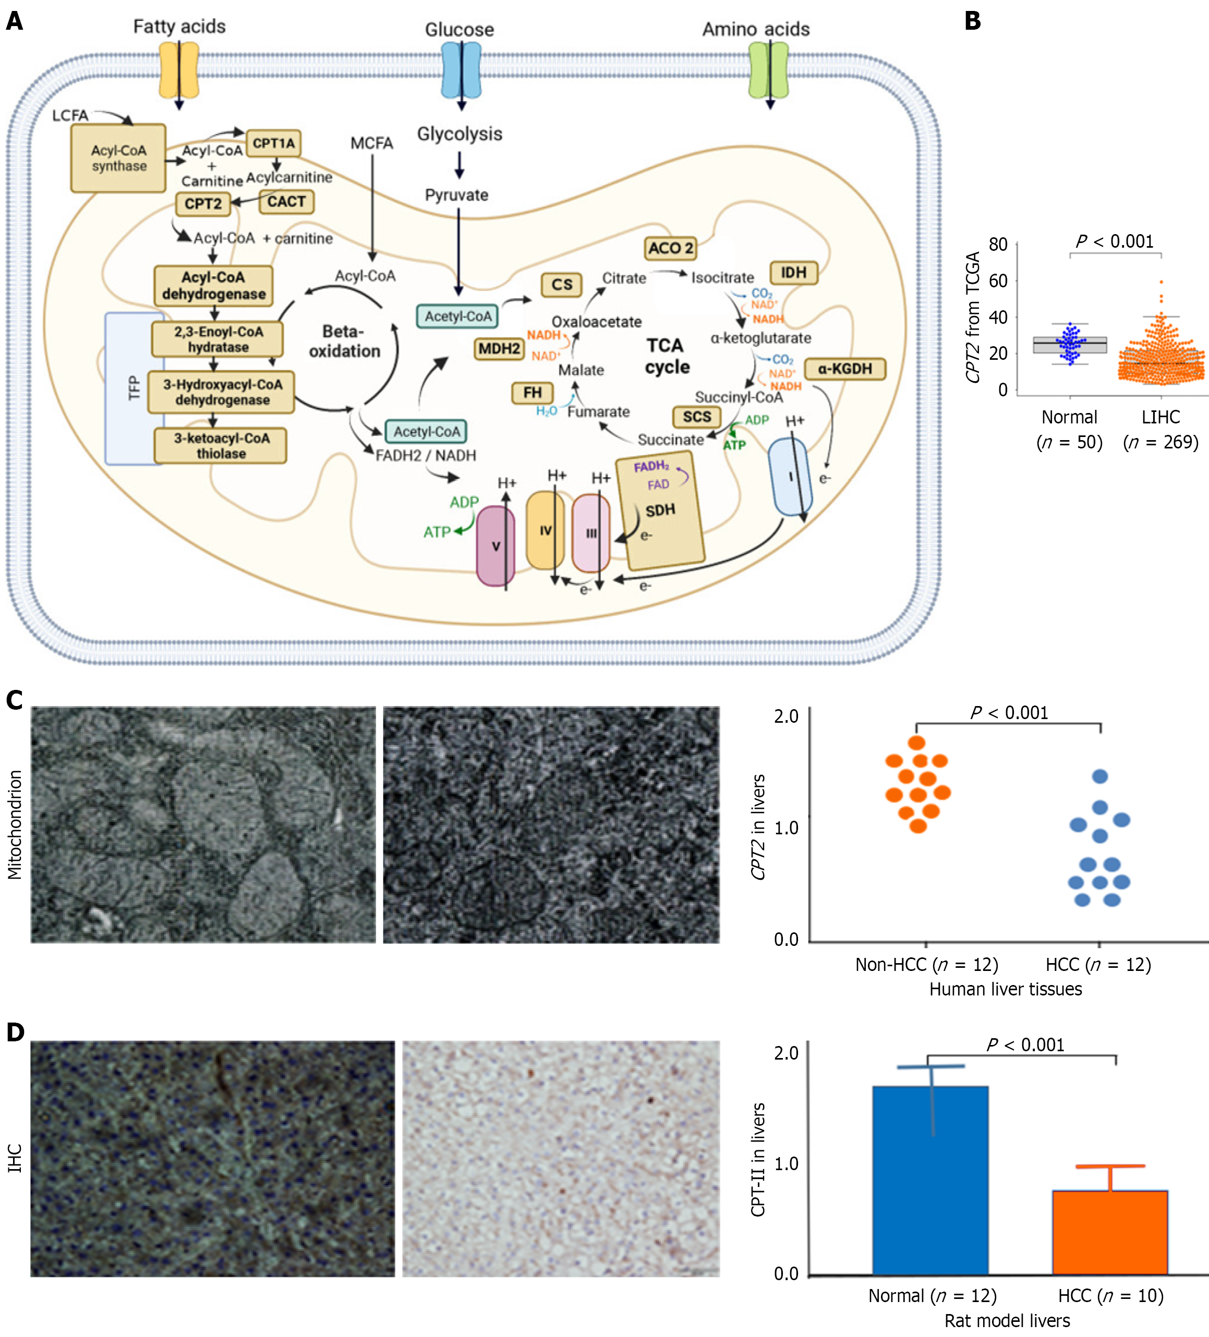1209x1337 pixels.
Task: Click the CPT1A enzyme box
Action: [274, 143]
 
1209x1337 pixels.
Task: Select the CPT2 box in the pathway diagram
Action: [203, 203]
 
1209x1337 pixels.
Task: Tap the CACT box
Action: [286, 202]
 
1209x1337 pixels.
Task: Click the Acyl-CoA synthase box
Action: [119, 159]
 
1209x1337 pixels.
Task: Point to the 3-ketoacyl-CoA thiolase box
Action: [221, 446]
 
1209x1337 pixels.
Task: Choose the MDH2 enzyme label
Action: [499, 349]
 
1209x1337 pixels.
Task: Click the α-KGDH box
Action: [845, 369]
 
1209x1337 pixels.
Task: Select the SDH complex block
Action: [660, 511]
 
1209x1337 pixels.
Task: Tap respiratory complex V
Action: [496, 546]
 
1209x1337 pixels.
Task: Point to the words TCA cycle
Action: [667, 356]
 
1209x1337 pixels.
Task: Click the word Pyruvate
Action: [457, 195]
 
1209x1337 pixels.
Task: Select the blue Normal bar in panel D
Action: [930, 1180]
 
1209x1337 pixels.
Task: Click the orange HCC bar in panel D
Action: [1110, 1232]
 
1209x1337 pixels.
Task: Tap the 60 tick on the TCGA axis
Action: [997, 281]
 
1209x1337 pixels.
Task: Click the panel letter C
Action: [15, 700]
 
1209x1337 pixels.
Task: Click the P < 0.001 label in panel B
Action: [1115, 241]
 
